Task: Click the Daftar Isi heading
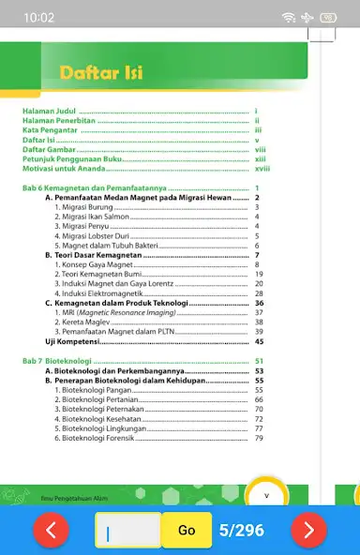pyautogui.click(x=101, y=72)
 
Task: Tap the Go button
pyautogui.click(x=187, y=530)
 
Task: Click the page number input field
pyautogui.click(x=127, y=530)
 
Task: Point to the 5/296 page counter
pyautogui.click(x=241, y=530)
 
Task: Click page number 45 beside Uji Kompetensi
pyautogui.click(x=259, y=342)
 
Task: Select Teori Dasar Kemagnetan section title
pyautogui.click(x=97, y=255)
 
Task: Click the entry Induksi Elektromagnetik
pyautogui.click(x=98, y=293)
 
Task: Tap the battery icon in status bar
pyautogui.click(x=328, y=18)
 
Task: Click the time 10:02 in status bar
pyautogui.click(x=39, y=18)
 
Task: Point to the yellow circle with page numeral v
pyautogui.click(x=266, y=495)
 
